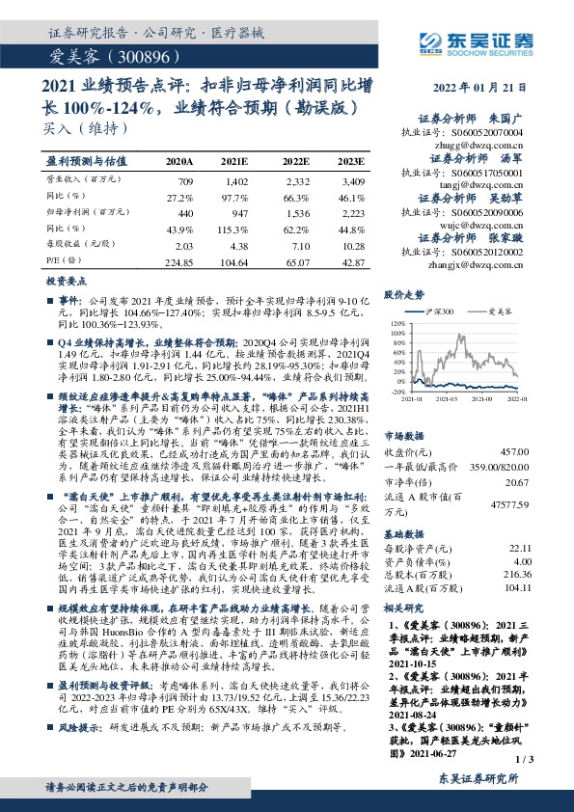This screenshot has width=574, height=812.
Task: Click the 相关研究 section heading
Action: (x=405, y=608)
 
